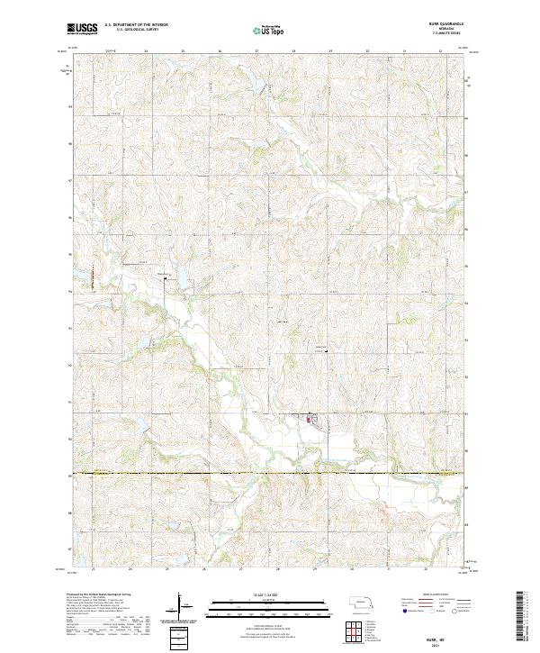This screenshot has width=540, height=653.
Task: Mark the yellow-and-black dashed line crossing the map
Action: [x=270, y=473]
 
